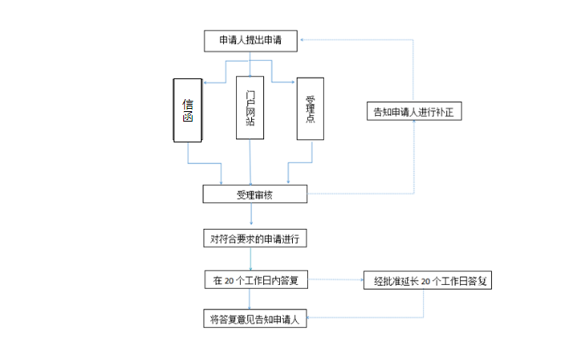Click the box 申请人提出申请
pyautogui.click(x=250, y=40)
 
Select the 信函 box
pyautogui.click(x=188, y=110)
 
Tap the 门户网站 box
pyautogui.click(x=250, y=107)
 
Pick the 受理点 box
pyautogui.click(x=311, y=109)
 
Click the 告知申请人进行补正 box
pyautogui.click(x=413, y=111)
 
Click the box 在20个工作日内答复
pyautogui.click(x=255, y=281)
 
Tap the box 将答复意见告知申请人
pyautogui.click(x=254, y=319)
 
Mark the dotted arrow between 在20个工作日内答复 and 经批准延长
pyautogui.click(x=335, y=281)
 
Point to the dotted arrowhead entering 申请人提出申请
pyautogui.click(x=305, y=40)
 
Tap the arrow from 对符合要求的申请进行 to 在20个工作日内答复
pyautogui.click(x=252, y=259)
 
